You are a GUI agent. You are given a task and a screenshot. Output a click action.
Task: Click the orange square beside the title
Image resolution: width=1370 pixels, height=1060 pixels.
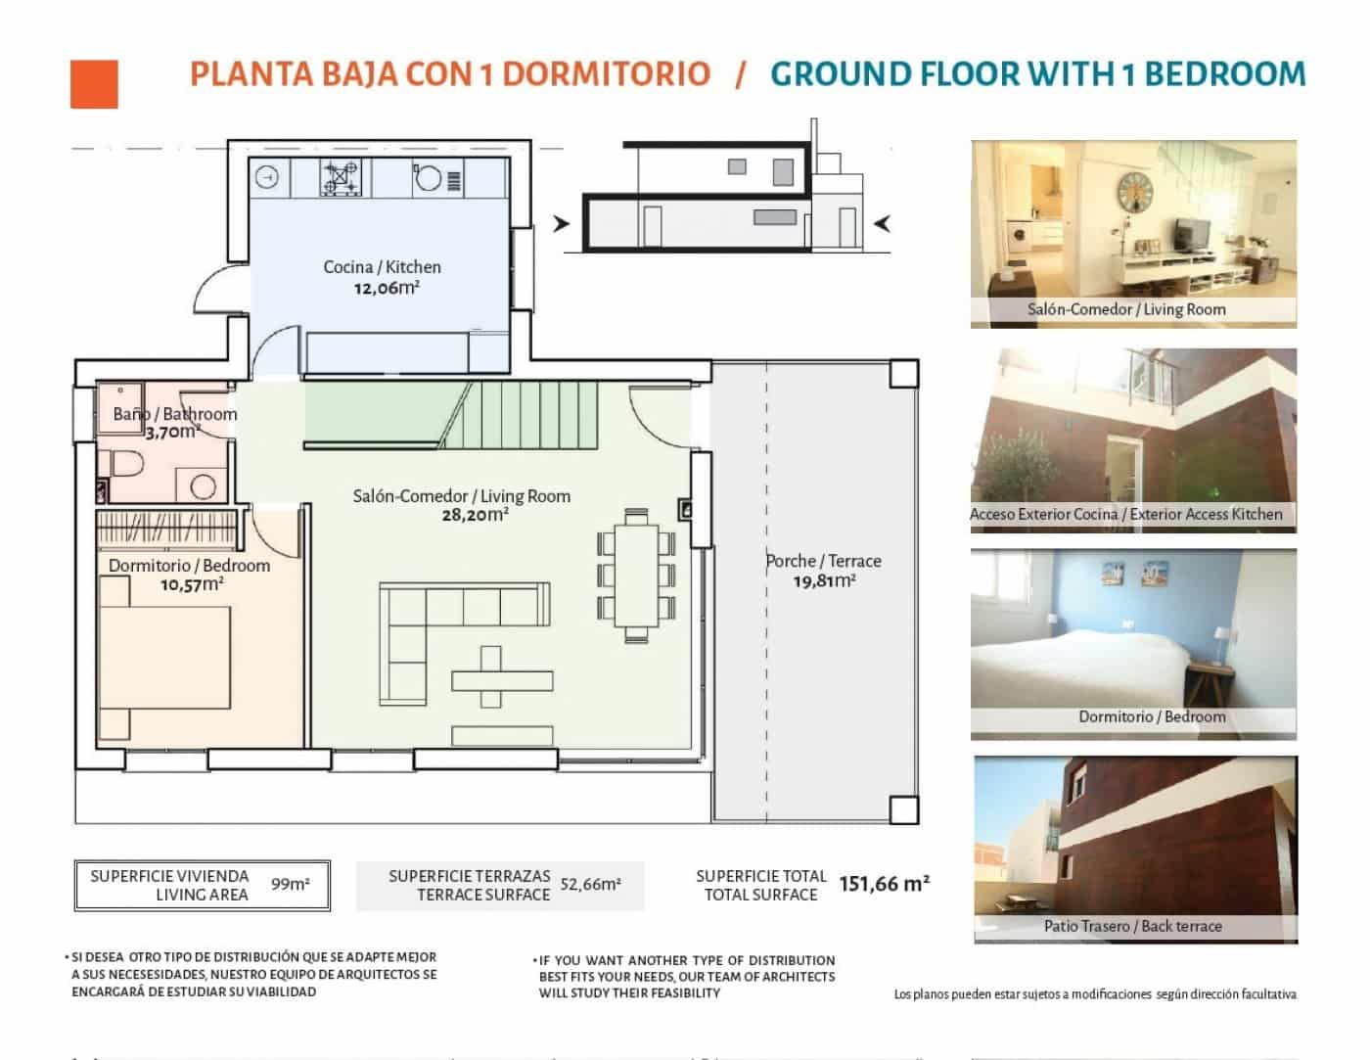(94, 84)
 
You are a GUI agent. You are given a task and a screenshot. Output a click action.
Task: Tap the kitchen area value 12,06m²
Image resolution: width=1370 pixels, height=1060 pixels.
(387, 288)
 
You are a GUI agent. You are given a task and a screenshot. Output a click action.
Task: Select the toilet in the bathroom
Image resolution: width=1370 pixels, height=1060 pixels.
(126, 465)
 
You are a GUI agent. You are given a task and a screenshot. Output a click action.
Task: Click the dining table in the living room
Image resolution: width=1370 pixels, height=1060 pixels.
(636, 576)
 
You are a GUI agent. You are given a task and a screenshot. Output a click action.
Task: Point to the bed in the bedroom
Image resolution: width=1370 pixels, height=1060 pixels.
(164, 657)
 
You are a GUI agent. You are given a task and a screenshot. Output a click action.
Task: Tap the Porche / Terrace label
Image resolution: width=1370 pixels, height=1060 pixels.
(823, 561)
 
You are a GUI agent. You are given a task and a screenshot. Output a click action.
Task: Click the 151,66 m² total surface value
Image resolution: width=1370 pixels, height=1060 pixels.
(884, 884)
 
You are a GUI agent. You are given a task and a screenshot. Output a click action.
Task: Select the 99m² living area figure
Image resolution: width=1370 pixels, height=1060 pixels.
(290, 884)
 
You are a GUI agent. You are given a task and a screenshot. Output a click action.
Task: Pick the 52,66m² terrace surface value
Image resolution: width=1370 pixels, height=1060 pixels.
(590, 884)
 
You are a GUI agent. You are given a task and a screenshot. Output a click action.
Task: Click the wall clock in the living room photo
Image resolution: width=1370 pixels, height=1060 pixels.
(1135, 192)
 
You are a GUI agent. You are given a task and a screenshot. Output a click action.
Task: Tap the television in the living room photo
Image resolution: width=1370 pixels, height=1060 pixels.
(1192, 233)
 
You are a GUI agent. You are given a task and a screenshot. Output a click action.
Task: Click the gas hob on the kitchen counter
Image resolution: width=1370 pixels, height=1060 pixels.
(341, 177)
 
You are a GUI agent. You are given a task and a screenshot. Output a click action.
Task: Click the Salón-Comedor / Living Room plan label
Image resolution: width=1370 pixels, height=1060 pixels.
(462, 496)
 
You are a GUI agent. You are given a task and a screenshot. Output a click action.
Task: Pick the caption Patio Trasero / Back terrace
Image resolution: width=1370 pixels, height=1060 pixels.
(1132, 926)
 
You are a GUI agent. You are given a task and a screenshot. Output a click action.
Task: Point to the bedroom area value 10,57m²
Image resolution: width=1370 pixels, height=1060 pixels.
(192, 584)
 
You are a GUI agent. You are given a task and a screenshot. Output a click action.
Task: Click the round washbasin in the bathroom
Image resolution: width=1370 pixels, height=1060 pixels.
(203, 486)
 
